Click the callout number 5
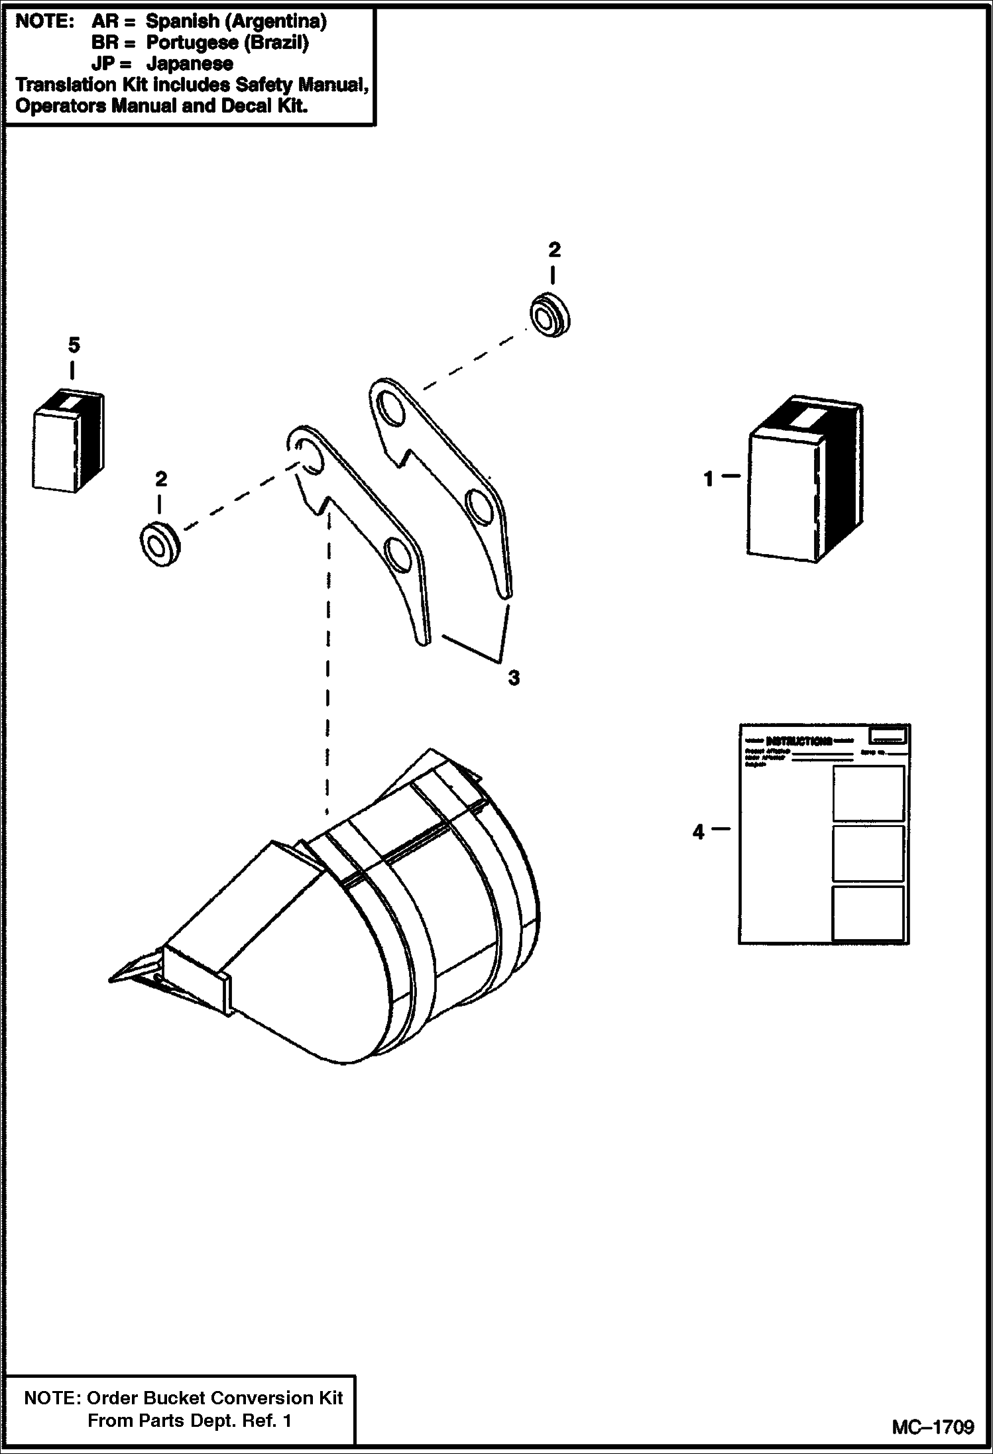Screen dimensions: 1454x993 pyautogui.click(x=74, y=345)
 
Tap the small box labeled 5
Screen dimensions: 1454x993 pyautogui.click(x=68, y=441)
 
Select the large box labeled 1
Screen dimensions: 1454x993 pyautogui.click(x=803, y=482)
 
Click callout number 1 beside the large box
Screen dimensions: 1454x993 pyautogui.click(x=709, y=478)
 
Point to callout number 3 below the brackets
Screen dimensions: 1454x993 pyautogui.click(x=514, y=678)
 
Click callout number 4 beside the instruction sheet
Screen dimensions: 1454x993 pyautogui.click(x=698, y=832)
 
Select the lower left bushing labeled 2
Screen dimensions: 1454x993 pyautogui.click(x=160, y=545)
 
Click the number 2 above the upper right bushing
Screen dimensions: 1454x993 pyautogui.click(x=554, y=250)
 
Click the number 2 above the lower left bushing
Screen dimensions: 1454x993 pyautogui.click(x=160, y=479)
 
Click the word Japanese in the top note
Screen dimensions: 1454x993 pyautogui.click(x=190, y=64)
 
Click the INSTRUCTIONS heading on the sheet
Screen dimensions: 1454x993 pyautogui.click(x=799, y=740)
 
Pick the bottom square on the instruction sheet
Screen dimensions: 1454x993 pyautogui.click(x=868, y=913)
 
